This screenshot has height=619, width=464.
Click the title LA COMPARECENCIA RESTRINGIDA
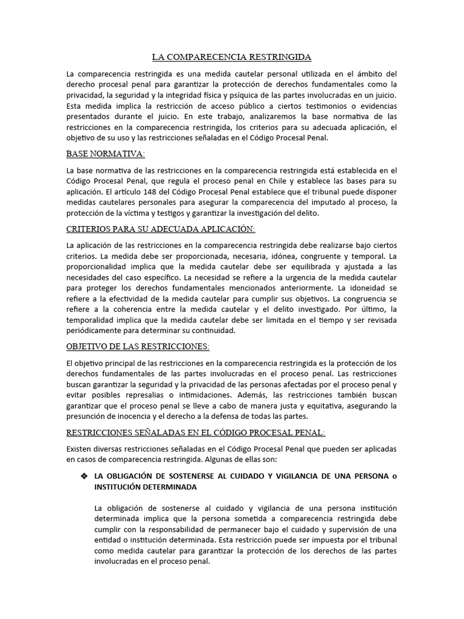click(x=231, y=57)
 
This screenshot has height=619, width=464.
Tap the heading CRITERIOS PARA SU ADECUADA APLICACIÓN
click(x=161, y=229)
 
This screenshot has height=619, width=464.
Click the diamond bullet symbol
click(x=85, y=477)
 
